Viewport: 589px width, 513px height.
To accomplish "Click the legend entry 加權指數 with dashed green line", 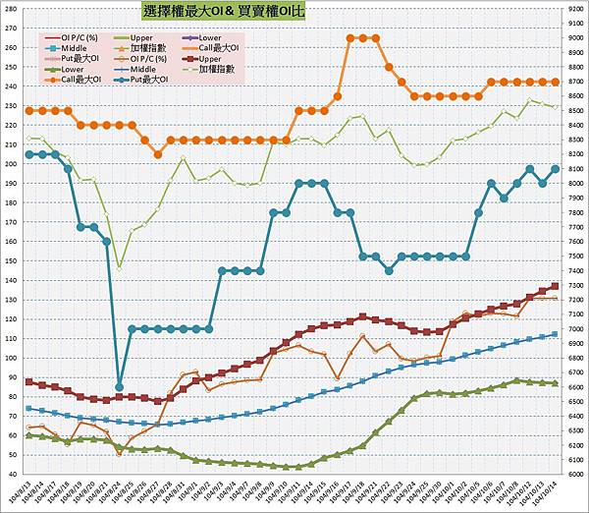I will click(212, 69).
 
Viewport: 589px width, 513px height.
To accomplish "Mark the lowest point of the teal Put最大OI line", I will click(120, 386).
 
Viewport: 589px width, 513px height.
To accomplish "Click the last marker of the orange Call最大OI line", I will click(556, 82).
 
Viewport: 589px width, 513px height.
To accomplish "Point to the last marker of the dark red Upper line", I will click(556, 286).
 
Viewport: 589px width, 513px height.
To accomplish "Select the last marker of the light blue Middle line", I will click(556, 334).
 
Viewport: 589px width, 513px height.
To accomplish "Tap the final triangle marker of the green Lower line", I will click(556, 383).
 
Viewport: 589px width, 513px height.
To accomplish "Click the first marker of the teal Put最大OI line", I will click(29, 154).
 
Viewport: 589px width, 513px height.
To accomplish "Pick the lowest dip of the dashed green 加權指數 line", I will click(120, 267).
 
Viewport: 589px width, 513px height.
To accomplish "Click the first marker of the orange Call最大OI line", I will click(29, 111).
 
